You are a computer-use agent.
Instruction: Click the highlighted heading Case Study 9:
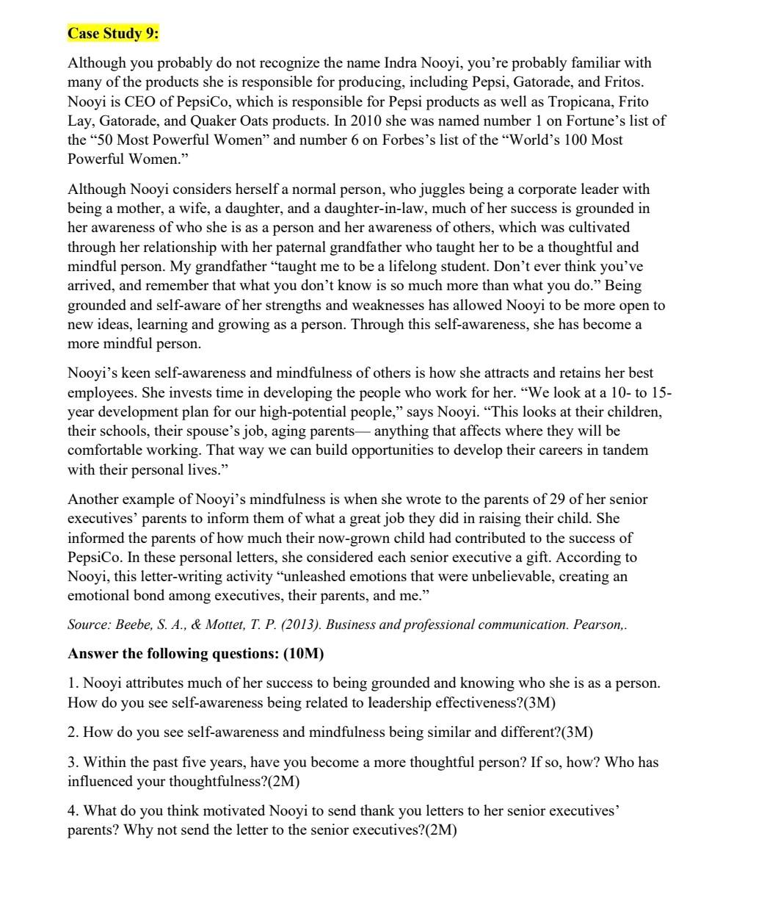113,34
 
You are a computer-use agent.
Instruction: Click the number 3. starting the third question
73,762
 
